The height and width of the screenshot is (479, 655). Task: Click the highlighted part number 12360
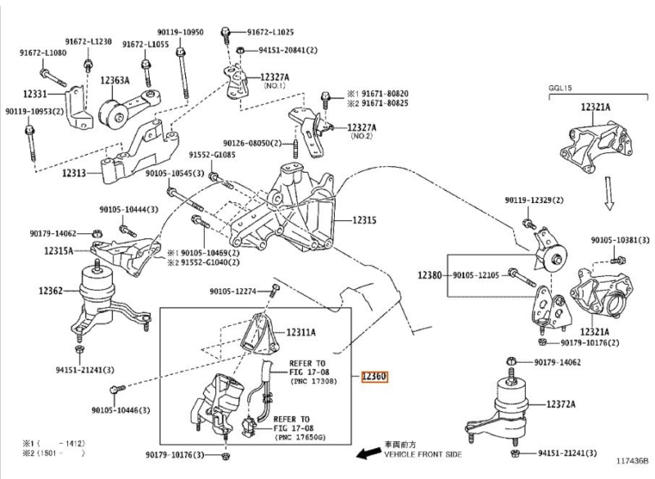(x=374, y=377)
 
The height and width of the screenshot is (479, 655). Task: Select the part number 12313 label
(x=74, y=173)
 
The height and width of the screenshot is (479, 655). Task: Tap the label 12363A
(x=115, y=80)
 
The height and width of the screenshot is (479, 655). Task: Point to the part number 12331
(x=35, y=93)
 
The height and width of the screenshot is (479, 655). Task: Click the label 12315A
(x=58, y=251)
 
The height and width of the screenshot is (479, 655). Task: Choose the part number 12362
(x=51, y=290)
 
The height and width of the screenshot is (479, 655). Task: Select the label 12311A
(x=300, y=332)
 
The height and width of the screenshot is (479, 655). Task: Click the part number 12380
(x=429, y=275)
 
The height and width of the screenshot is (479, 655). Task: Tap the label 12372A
(x=561, y=404)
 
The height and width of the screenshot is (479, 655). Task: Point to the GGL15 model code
(x=560, y=88)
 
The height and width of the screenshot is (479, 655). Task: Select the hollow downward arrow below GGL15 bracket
(x=609, y=192)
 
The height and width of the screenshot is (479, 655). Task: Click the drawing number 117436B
(x=632, y=461)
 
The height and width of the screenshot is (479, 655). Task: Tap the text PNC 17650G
(x=300, y=437)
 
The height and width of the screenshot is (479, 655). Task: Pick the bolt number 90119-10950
(x=180, y=32)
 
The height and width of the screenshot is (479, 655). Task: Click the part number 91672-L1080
(x=43, y=52)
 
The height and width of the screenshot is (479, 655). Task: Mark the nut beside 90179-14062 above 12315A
(x=96, y=233)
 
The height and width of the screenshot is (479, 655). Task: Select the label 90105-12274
(x=233, y=291)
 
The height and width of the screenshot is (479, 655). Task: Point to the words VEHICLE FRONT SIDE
(x=422, y=454)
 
